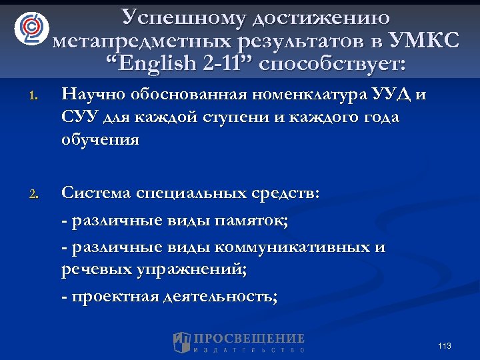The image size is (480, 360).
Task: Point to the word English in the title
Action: coord(151,65)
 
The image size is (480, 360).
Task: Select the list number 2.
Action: coord(33,195)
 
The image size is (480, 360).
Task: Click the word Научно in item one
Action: coord(95,95)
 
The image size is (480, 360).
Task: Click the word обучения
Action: coord(100,139)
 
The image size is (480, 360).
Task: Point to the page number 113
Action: coord(445,345)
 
